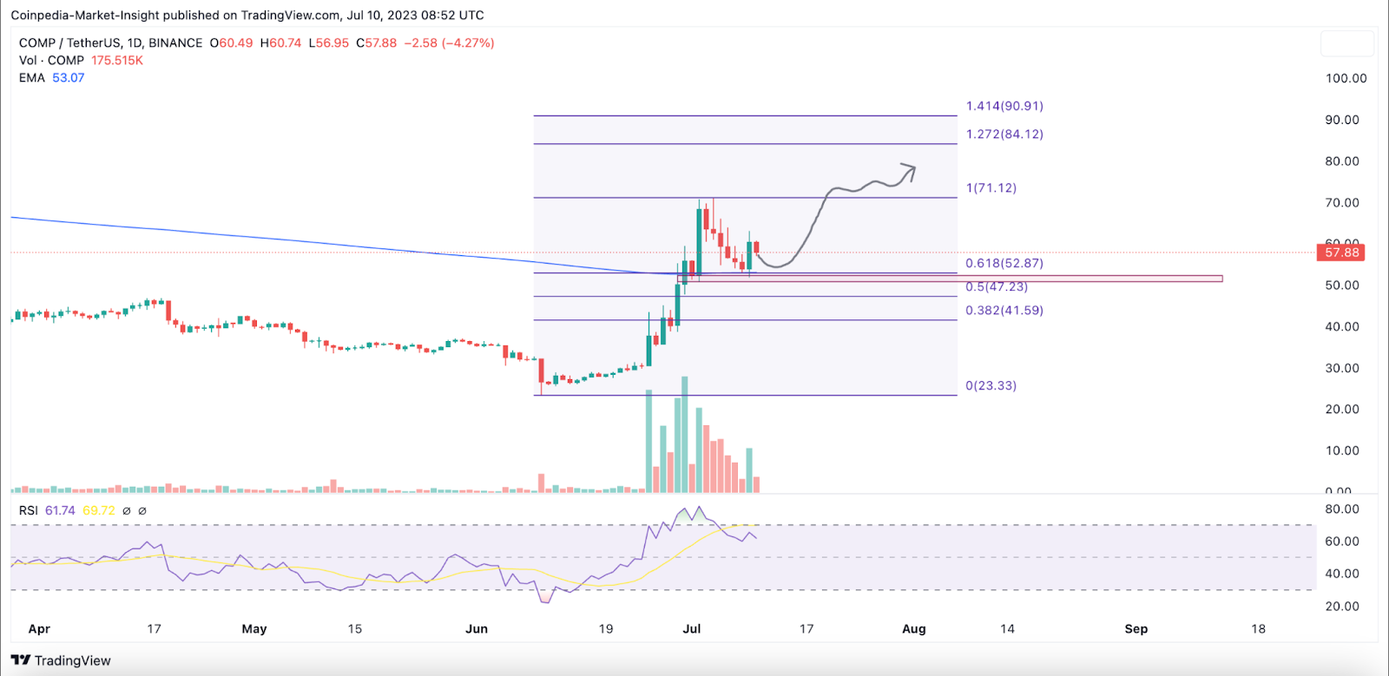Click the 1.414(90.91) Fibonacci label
(x=1004, y=106)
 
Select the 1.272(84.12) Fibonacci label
(x=1004, y=135)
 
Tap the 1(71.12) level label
(x=991, y=188)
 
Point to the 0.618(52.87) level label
(x=1004, y=263)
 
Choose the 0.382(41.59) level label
(x=1004, y=311)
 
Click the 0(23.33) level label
(x=991, y=386)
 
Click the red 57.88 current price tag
(x=1341, y=253)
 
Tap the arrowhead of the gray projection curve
(x=910, y=169)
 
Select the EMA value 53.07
(x=68, y=78)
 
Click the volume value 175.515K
(x=117, y=61)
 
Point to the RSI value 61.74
(x=60, y=511)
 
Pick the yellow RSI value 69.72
(x=98, y=511)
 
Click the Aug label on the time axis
(x=914, y=629)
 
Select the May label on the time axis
(x=254, y=629)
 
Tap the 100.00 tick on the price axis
(x=1346, y=78)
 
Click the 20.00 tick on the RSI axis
(x=1341, y=607)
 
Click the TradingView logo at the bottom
(x=61, y=660)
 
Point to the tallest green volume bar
(x=685, y=434)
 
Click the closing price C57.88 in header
(x=376, y=43)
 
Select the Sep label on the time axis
(x=1136, y=629)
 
